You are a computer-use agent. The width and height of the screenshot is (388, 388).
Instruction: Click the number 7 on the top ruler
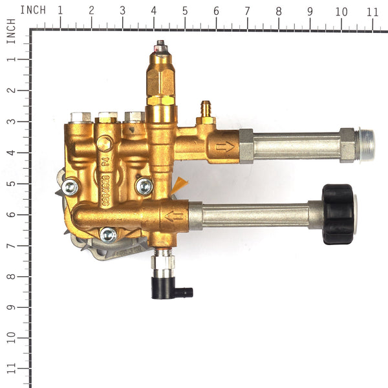[247, 11]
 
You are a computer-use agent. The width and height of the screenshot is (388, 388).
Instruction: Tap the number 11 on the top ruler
[371, 11]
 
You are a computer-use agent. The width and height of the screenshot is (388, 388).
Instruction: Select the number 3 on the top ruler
[123, 11]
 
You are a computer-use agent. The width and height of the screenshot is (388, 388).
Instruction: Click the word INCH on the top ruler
[32, 10]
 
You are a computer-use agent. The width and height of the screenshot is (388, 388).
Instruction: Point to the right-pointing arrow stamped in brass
[226, 148]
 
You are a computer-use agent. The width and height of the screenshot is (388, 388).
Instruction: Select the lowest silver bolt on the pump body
[109, 235]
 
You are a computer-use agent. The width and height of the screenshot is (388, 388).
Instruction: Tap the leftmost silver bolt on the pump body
[70, 188]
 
